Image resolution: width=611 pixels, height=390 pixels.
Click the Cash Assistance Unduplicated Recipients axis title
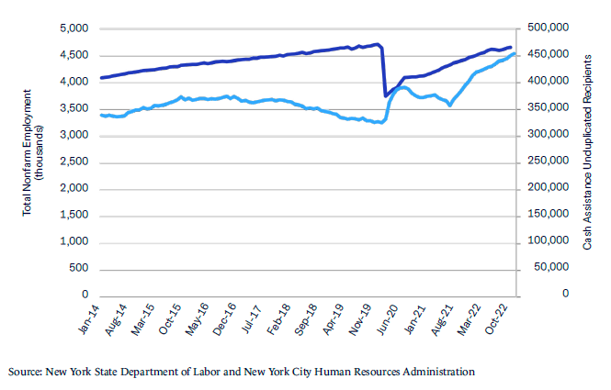tap(589, 151)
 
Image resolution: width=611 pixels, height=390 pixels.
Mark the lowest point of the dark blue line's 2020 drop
tap(385, 95)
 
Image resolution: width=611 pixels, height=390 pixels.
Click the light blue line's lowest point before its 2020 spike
tap(380, 123)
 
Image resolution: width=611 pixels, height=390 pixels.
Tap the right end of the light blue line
tap(515, 53)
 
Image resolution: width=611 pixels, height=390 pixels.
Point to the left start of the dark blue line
tap(100, 78)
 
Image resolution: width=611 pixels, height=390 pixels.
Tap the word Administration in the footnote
tap(436, 372)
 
